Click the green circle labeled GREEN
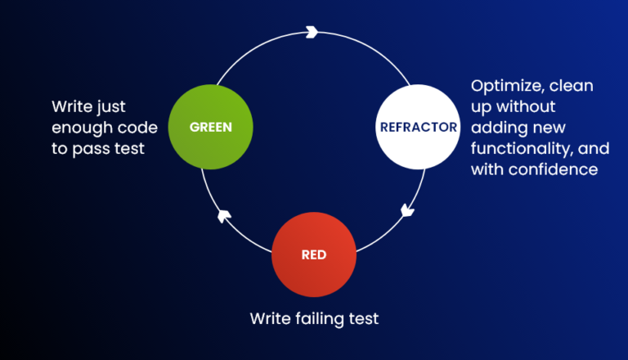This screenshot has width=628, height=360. (x=210, y=127)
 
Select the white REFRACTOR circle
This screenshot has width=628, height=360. (x=418, y=127)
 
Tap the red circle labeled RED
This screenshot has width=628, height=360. (x=314, y=254)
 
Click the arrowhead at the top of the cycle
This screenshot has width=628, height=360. (x=311, y=32)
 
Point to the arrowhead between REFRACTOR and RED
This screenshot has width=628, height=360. (x=407, y=211)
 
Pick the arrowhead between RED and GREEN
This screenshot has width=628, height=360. (x=224, y=215)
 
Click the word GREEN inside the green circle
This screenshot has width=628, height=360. (x=210, y=128)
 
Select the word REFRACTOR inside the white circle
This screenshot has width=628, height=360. (x=418, y=128)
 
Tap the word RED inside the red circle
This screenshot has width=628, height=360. (x=314, y=255)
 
